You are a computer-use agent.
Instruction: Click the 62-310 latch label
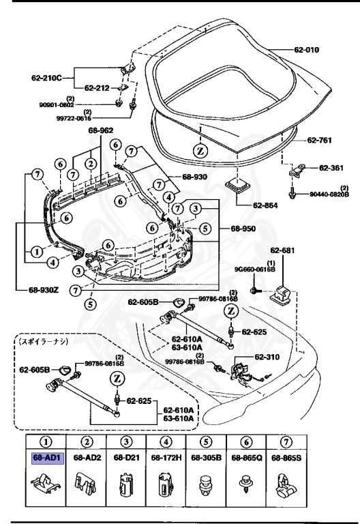click(x=269, y=355)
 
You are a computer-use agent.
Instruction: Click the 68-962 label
click(x=100, y=130)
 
